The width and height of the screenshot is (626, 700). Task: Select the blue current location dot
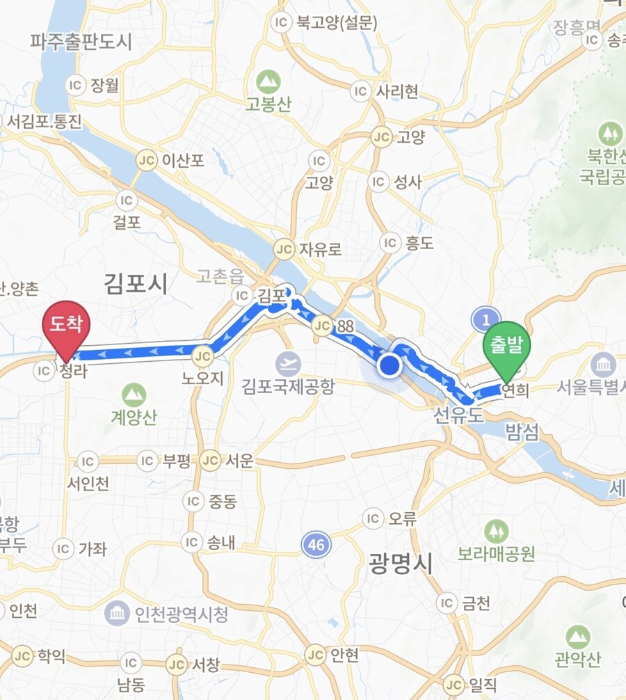tap(390, 364)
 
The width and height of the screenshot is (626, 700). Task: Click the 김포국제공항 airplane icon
tap(287, 364)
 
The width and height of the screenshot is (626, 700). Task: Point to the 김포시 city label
tap(136, 283)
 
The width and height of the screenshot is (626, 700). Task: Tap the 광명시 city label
tap(401, 562)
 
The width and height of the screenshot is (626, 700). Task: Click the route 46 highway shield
tap(316, 545)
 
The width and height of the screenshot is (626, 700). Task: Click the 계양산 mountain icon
tap(134, 395)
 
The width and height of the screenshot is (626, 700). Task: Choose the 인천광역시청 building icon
tap(117, 614)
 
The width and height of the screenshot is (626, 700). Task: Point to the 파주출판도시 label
tap(81, 42)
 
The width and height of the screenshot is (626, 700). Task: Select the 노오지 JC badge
tap(202, 356)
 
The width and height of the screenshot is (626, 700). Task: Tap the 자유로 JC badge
tap(283, 248)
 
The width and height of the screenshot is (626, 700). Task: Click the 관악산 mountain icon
tap(577, 636)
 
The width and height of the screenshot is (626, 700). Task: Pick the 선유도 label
tap(458, 415)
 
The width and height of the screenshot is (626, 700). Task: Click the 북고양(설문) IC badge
tap(281, 23)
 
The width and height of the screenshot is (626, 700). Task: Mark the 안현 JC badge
tap(315, 655)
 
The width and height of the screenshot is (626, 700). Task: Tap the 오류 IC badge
tap(374, 518)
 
